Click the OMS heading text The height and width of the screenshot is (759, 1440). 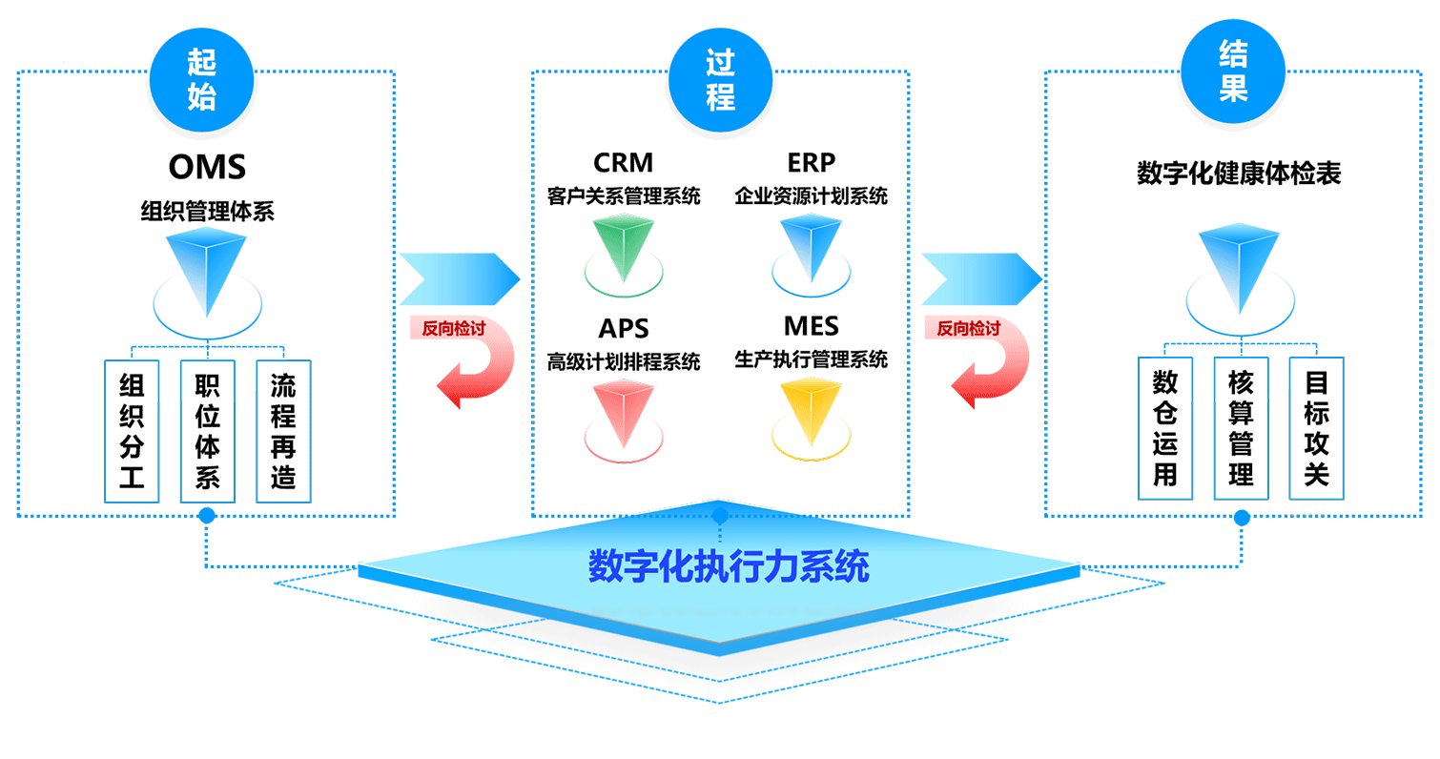tap(207, 168)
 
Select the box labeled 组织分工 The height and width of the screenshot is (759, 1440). tap(132, 430)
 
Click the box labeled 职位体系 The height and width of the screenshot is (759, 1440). tap(207, 430)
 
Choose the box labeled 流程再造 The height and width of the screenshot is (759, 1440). tap(282, 430)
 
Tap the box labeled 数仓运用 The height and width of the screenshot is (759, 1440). tap(1165, 428)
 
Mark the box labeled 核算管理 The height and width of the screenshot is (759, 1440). tap(1241, 428)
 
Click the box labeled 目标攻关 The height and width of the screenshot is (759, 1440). tap(1316, 428)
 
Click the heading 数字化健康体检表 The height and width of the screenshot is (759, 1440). tap(1239, 174)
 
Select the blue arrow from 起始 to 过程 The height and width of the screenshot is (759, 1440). tap(460, 277)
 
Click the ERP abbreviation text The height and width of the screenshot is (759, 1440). tap(812, 163)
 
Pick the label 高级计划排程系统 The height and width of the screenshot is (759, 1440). tap(624, 362)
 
